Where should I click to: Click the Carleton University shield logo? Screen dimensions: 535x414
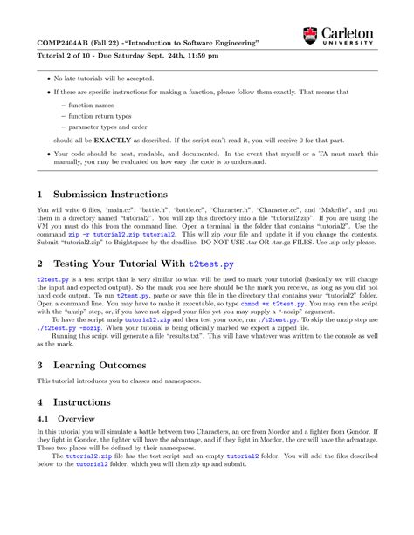(310, 36)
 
